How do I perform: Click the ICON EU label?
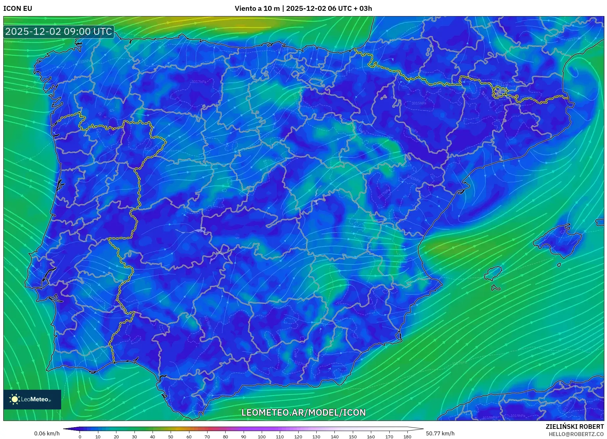18,9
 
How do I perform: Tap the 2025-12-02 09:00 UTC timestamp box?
59,32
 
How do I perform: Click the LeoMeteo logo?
32,399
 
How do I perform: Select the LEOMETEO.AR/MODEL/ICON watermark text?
303,412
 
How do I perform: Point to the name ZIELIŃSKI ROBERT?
574,427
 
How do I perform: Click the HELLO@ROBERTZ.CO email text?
576,434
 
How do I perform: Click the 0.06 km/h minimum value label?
47,433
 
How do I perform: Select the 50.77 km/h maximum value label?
440,433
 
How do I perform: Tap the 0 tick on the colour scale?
80,437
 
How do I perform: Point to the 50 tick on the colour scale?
171,437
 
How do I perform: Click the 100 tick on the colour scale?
261,437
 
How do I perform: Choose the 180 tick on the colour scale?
407,437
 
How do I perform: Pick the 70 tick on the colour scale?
207,437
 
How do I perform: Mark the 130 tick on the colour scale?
316,437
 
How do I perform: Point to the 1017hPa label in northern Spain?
199,82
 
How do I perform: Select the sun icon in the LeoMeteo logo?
14,399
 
